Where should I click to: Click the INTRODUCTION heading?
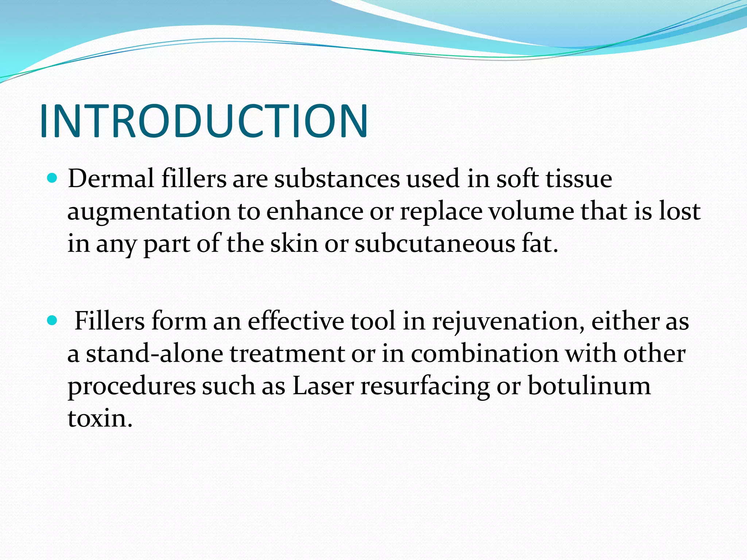tap(204, 121)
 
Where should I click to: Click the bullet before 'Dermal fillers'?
tap(53, 178)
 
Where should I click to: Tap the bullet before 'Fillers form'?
tap(53, 320)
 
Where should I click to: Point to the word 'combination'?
tap(485, 353)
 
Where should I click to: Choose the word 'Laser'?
tap(323, 386)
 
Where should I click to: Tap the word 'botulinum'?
tap(589, 386)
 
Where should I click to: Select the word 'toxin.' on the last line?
tap(100, 418)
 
